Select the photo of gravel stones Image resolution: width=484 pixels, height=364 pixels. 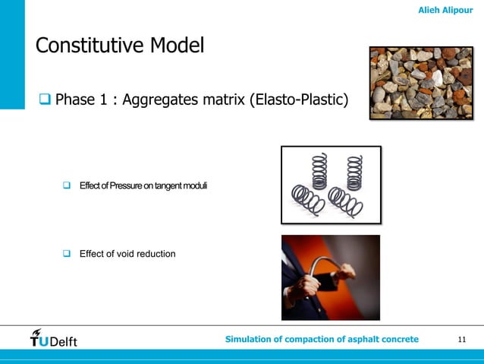click(421, 84)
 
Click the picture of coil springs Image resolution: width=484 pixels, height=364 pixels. click(331, 185)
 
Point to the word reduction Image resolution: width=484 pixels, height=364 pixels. click(157, 253)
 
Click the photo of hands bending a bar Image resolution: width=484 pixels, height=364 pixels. click(330, 277)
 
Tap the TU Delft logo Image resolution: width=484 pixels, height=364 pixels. click(53, 338)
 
